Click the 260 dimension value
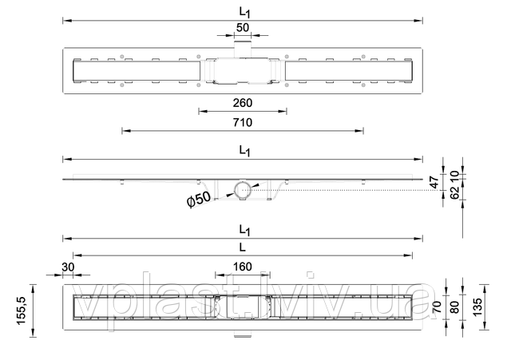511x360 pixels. coord(243,103)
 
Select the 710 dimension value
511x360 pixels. coord(243,122)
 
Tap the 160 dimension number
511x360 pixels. coord(243,267)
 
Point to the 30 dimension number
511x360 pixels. coord(68,267)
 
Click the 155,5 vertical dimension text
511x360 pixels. coord(22,311)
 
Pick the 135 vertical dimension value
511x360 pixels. coord(477,307)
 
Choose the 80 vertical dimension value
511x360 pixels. coord(454,307)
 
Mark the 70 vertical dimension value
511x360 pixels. coord(437,307)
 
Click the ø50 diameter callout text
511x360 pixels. coord(199,199)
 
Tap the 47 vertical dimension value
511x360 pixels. coord(435,183)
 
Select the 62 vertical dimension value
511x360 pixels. coord(454,192)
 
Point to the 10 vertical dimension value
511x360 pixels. coord(454,176)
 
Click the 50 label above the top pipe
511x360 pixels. coord(243,28)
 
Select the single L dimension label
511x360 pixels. coord(242,247)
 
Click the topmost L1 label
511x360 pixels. coord(244,13)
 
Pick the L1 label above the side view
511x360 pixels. coord(244,151)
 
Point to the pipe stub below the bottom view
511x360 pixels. coord(243,334)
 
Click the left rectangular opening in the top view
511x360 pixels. coord(137,70)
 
